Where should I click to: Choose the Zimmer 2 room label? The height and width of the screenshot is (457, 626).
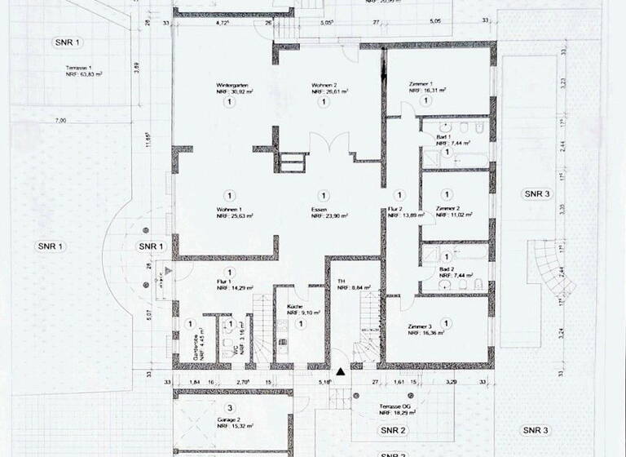pos(448,209)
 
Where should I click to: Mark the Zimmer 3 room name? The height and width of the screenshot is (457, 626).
pos(422,326)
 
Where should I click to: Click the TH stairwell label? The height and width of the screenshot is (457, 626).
pos(342,282)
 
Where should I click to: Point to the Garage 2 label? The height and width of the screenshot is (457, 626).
pos(230,418)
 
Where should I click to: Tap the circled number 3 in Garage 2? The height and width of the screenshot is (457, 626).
pos(230,406)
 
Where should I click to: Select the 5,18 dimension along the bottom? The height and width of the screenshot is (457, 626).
pos(324,381)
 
